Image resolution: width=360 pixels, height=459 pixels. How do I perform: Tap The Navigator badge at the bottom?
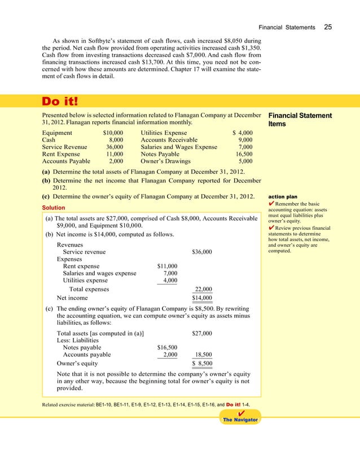coord(241,421)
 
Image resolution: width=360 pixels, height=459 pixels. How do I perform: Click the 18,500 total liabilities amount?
coord(203,355)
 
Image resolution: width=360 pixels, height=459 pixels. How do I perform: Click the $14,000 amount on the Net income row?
coord(202,298)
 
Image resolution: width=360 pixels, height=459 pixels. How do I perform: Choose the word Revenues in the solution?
coord(71,244)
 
